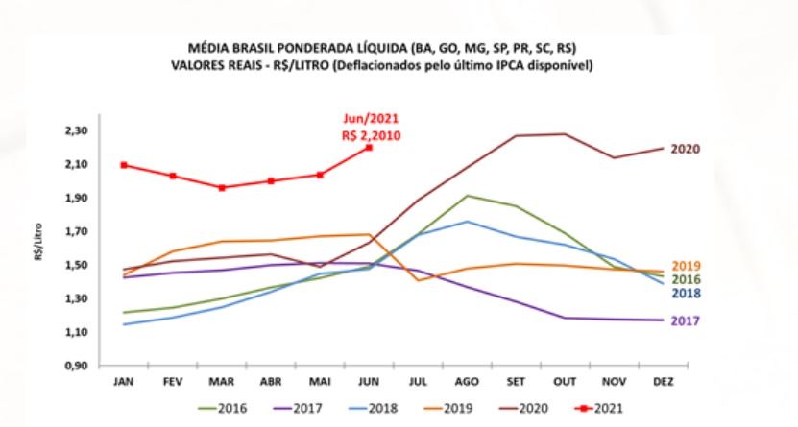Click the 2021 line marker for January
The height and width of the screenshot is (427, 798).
(125, 165)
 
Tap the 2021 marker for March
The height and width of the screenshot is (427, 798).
(222, 188)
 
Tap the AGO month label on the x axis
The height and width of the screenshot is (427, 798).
(467, 383)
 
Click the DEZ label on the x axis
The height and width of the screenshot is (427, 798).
(663, 383)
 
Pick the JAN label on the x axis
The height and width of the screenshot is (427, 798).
(125, 383)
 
